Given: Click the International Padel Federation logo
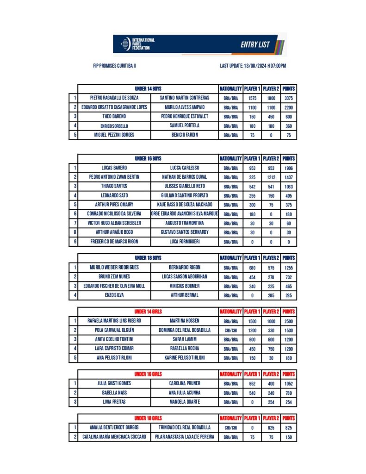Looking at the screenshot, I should tap(137, 44).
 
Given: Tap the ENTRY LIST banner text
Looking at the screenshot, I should tap(255, 45).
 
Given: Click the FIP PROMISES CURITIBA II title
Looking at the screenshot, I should tap(114, 66).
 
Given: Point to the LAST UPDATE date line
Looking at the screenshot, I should tap(253, 66).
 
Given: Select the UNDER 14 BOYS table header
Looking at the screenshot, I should tap(148, 88).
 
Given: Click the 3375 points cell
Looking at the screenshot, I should tap(289, 98).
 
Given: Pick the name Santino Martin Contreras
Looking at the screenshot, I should tap(185, 98).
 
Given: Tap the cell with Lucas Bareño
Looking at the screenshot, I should tap(114, 168).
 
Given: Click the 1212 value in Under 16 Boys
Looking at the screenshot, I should tap(271, 177).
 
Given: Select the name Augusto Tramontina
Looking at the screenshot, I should tap(185, 223).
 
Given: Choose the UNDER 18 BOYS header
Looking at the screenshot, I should tap(148, 258).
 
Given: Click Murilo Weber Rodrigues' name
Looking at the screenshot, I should tap(114, 268).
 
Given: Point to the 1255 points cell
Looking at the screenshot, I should tap(289, 268).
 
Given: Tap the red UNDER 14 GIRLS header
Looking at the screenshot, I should tap(148, 312).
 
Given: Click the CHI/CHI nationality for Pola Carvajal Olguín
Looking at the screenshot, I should tap(230, 330).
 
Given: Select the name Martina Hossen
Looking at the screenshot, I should tap(185, 321).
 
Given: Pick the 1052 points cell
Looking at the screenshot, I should tap(289, 384).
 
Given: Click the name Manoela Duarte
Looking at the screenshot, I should tap(185, 402).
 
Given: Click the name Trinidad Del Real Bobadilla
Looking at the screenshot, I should tap(185, 428).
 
